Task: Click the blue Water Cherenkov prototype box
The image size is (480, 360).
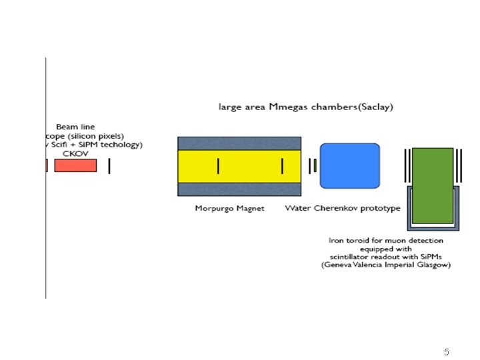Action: pyautogui.click(x=350, y=166)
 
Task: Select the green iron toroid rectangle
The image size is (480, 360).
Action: pyautogui.click(x=433, y=185)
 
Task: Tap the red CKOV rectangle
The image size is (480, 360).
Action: pyautogui.click(x=75, y=165)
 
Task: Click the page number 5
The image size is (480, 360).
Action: pyautogui.click(x=447, y=351)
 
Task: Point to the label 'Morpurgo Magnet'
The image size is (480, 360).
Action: pyautogui.click(x=229, y=208)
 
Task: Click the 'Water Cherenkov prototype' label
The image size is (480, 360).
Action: pyautogui.click(x=343, y=208)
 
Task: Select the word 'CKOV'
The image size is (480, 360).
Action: pyautogui.click(x=76, y=153)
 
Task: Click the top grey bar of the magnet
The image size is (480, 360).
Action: pyautogui.click(x=239, y=143)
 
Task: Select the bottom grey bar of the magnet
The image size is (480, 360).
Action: pyautogui.click(x=239, y=190)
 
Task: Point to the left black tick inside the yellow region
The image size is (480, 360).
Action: pyautogui.click(x=217, y=165)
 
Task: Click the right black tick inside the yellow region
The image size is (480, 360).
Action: pyautogui.click(x=282, y=165)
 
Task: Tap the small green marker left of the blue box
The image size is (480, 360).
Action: pyautogui.click(x=315, y=165)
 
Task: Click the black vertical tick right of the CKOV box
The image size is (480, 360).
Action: pyautogui.click(x=109, y=166)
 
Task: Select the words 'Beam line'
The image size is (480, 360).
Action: pyautogui.click(x=75, y=127)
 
